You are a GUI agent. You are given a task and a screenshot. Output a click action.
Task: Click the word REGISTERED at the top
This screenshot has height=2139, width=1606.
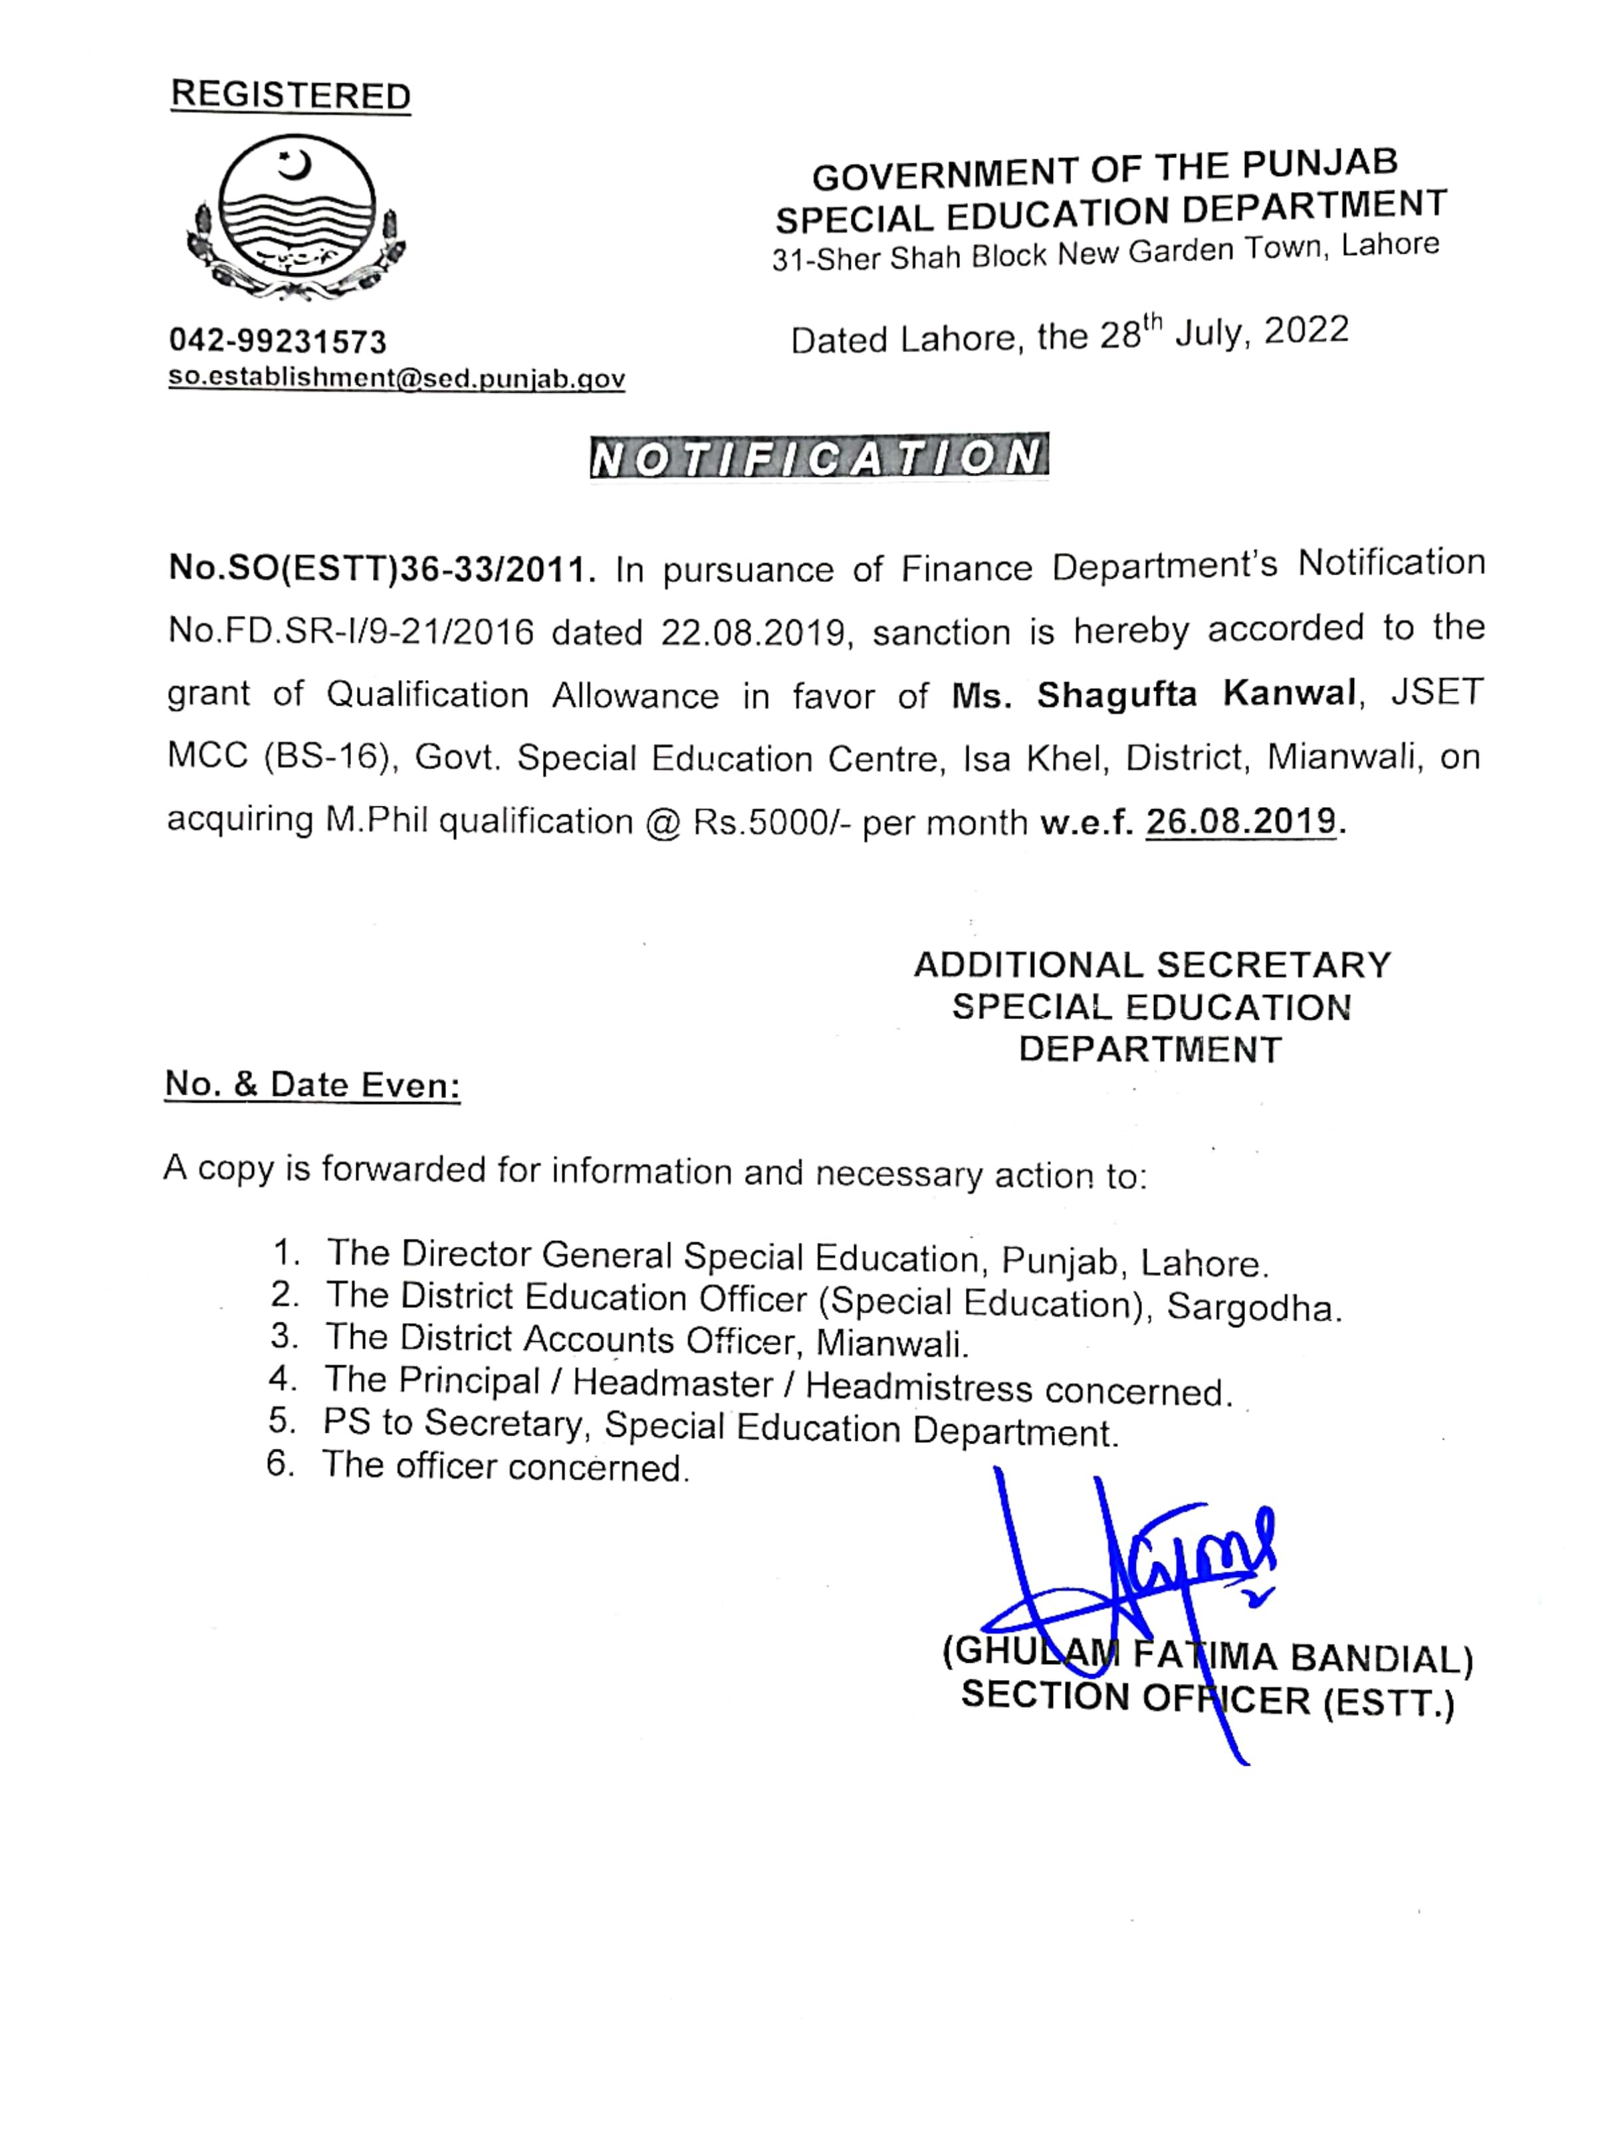(290, 96)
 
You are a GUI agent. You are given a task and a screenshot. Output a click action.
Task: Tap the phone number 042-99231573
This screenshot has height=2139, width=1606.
(278, 341)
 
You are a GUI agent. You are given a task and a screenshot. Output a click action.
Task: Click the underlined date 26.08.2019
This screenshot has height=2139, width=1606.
(1240, 821)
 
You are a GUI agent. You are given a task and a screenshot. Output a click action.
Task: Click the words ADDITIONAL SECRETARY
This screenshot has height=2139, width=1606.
(1152, 965)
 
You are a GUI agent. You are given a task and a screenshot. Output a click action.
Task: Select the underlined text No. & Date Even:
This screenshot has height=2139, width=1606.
(312, 1085)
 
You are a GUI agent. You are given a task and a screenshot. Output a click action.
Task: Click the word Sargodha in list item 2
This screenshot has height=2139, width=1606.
(1254, 1307)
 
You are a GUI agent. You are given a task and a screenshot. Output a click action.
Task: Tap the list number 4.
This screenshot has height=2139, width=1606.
(283, 1379)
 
